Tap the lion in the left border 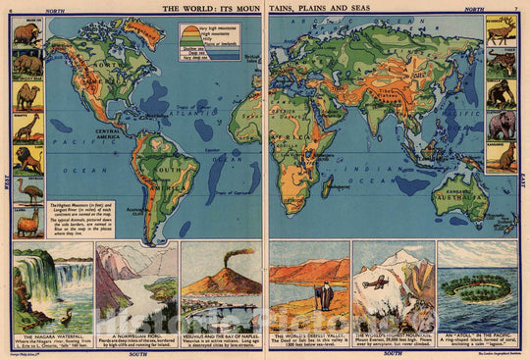pyautogui.click(x=26, y=158)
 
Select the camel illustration pyautogui.click(x=26, y=95)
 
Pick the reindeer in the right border pyautogui.click(x=503, y=37)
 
